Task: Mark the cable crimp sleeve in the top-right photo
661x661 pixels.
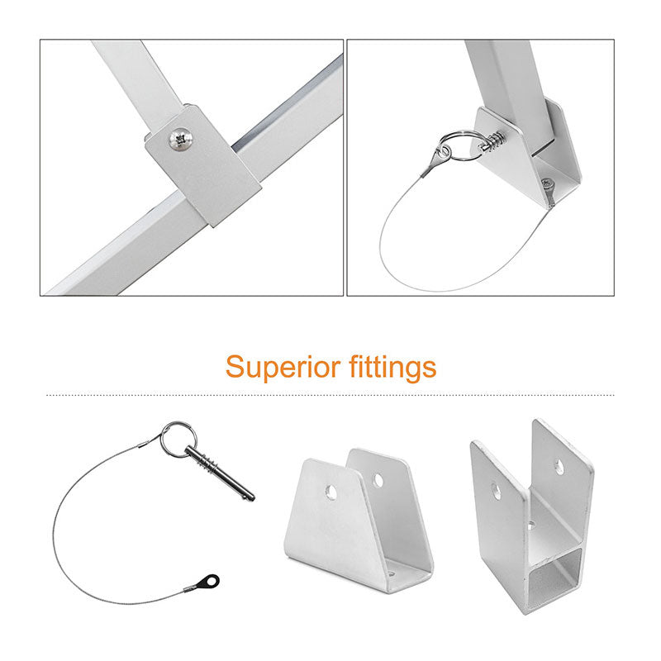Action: pos(430,164)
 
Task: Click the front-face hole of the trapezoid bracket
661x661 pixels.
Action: pos(330,492)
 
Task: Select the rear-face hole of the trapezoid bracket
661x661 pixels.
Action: pos(378,479)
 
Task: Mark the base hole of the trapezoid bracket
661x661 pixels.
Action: pos(388,571)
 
